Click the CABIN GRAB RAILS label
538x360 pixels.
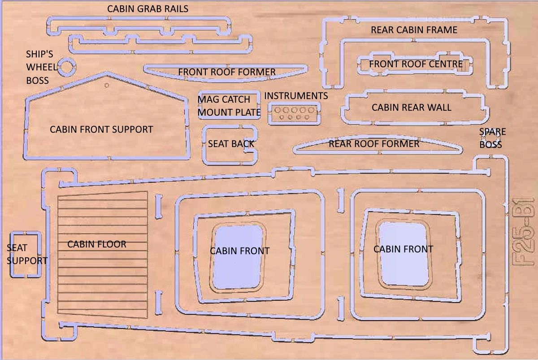148,9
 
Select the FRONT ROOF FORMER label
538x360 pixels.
227,72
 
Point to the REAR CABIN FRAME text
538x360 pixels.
414,30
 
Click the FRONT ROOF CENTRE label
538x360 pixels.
416,64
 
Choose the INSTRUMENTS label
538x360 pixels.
296,96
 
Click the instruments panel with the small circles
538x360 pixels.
294,113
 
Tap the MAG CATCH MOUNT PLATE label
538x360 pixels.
229,106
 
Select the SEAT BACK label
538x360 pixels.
231,144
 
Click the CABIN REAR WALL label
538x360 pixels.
412,108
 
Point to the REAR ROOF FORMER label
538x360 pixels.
374,144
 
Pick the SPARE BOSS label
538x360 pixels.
492,138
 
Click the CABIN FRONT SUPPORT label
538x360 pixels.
101,130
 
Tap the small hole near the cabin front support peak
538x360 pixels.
107,85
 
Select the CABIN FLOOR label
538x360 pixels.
96,244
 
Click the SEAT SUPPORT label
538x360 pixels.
27,254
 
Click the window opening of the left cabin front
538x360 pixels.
238,257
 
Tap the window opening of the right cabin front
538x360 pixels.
404,254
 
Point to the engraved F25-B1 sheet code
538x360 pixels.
523,232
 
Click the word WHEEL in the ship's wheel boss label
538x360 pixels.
42,67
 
